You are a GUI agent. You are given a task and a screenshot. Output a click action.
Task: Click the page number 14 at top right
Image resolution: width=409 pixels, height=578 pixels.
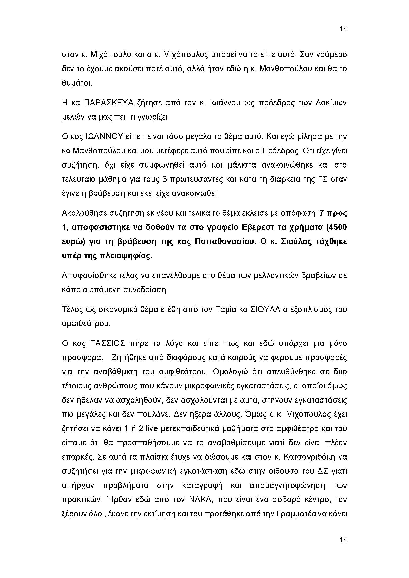(x=343, y=29)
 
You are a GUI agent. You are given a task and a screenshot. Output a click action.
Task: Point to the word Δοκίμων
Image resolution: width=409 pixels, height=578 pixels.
(x=331, y=103)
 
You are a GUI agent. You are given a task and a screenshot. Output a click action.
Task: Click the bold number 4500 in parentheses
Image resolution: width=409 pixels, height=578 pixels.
(x=338, y=227)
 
